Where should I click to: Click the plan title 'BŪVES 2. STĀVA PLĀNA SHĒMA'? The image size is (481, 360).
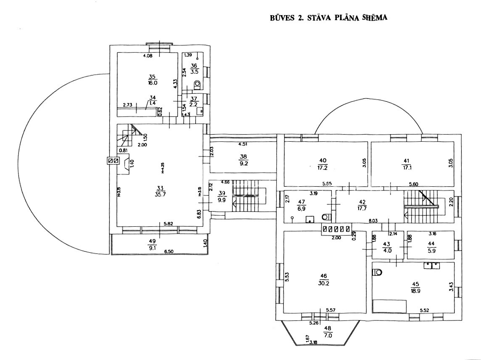coord(328,19)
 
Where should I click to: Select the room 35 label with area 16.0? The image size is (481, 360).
coord(152,79)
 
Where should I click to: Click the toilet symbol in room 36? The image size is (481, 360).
coord(198,85)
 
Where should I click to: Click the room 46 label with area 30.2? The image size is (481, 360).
coord(323,280)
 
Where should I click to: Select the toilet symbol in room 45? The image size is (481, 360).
coord(378,272)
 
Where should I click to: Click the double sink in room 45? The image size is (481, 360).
coord(432,265)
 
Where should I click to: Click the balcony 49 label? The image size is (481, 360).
coord(152,244)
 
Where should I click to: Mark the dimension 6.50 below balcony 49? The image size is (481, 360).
coord(169,251)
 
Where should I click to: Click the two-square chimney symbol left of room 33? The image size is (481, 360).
coord(113,161)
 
